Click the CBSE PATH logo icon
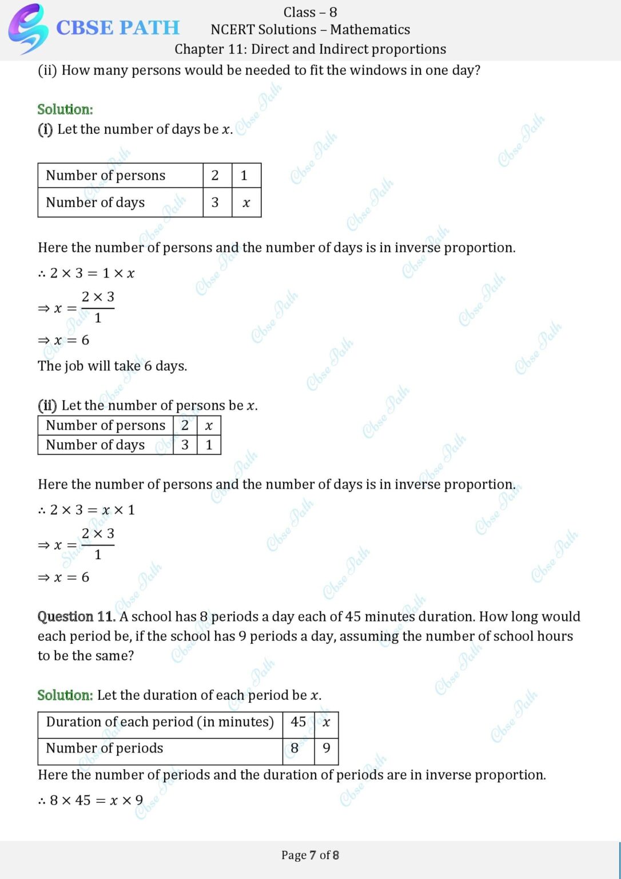point(27,29)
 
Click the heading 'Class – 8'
point(310,12)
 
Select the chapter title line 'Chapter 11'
point(310,49)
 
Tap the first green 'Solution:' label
point(65,109)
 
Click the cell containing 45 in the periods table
point(298,722)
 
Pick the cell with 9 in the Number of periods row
point(326,749)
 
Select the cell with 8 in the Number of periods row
point(295,749)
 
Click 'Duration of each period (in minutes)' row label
point(160,722)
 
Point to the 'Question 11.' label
point(76,617)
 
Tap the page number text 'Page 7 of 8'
point(310,856)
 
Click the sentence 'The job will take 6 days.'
point(112,366)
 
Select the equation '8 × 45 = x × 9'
point(91,801)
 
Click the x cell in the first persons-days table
point(246,203)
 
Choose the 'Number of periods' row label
point(105,749)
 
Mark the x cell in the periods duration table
point(326,722)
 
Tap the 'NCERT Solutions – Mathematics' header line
point(310,30)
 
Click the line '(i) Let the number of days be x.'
point(135,129)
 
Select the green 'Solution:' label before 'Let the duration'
point(65,695)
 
